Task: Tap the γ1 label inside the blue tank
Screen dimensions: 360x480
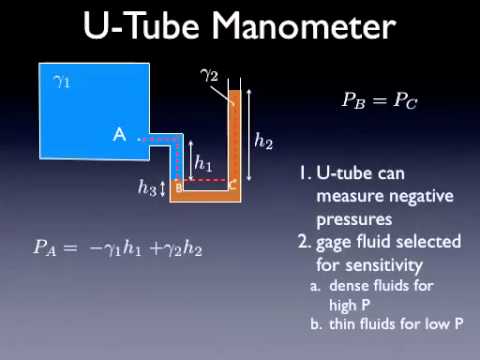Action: [x=61, y=81]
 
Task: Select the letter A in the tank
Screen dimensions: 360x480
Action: [x=119, y=136]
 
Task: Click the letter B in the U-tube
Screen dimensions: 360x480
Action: [x=179, y=186]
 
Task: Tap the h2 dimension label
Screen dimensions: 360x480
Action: [x=263, y=142]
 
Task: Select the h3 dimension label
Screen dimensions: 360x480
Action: [x=147, y=187]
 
